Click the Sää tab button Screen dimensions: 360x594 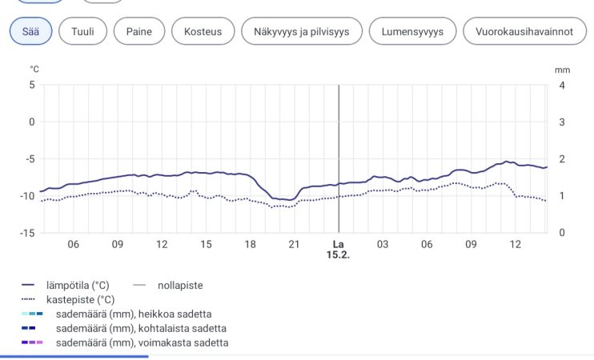[31, 31]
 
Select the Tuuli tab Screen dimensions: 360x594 [83, 31]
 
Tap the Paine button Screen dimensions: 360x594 [139, 31]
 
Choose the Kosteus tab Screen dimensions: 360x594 [203, 31]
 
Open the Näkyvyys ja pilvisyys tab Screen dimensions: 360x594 [302, 31]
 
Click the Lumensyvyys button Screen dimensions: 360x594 [412, 31]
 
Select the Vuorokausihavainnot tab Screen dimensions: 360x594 [524, 31]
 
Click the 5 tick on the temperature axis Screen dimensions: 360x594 [32, 85]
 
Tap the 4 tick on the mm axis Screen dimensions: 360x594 [561, 85]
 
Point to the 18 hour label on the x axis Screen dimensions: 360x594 [250, 244]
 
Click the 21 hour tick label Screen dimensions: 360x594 [294, 244]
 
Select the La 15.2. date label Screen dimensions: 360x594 [338, 250]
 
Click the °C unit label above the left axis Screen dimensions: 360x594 [34, 70]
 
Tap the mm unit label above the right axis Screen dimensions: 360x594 [562, 70]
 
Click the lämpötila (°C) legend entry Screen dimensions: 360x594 [78, 285]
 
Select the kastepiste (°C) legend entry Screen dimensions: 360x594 [80, 299]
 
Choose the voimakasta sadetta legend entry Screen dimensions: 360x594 [142, 342]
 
